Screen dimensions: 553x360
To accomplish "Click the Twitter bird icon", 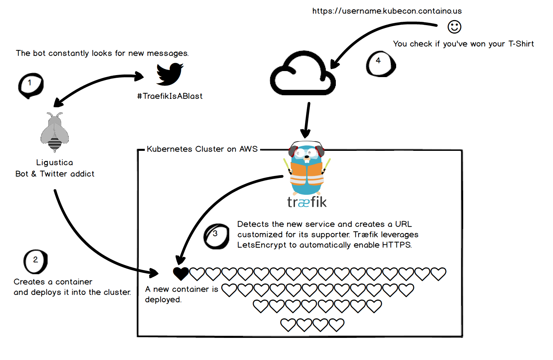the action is coord(170,74).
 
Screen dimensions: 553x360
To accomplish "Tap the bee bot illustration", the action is coord(55,132).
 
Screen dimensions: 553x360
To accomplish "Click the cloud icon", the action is coord(303,73).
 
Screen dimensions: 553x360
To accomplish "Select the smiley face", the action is coord(454,27).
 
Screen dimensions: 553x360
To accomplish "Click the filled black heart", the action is coord(181,274).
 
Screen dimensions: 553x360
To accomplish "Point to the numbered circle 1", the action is coord(30,85).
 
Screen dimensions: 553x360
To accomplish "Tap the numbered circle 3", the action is coord(217,236).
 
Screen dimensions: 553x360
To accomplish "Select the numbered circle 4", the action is coord(381,64).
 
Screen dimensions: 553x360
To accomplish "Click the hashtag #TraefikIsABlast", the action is coord(170,96).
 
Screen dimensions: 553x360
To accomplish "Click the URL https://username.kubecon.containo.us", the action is coord(387,11).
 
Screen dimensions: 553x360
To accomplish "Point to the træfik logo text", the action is coord(307,202).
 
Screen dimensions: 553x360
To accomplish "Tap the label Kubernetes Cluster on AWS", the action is coord(202,149).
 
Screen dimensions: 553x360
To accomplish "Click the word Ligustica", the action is coord(55,163).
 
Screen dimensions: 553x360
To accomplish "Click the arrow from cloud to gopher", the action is coord(307,120).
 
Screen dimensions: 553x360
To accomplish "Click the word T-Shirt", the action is coord(521,44).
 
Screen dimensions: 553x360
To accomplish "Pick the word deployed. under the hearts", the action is coord(163,300).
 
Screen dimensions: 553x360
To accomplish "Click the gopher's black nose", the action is coord(307,157).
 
